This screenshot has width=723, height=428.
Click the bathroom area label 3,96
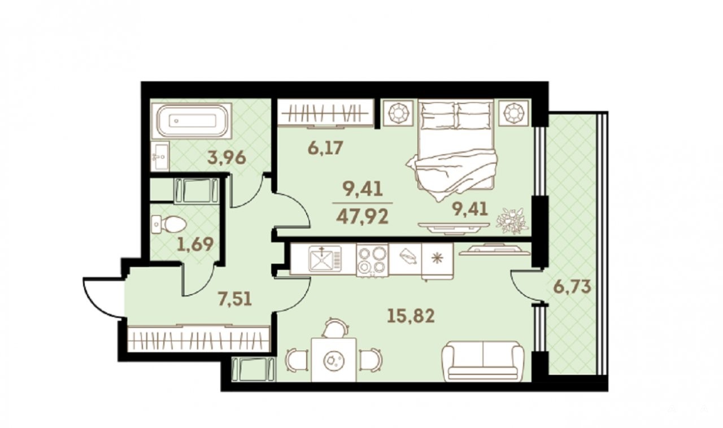click(x=227, y=158)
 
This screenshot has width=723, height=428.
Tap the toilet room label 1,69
click(x=195, y=244)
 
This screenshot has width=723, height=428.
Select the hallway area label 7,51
click(x=234, y=299)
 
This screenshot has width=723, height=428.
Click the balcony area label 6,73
click(x=572, y=287)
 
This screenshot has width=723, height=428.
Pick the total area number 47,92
click(x=362, y=217)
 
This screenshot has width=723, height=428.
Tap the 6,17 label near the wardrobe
click(x=325, y=148)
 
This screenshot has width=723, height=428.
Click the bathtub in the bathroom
click(x=193, y=121)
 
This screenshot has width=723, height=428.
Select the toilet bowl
click(x=169, y=224)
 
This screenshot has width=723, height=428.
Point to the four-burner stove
click(x=372, y=260)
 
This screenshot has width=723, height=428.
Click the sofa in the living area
click(x=483, y=362)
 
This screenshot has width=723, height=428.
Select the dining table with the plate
click(x=334, y=360)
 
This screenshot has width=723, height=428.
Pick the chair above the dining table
click(x=336, y=328)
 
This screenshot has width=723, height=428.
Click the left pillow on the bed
click(x=437, y=112)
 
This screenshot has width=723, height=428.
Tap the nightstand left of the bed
click(x=398, y=113)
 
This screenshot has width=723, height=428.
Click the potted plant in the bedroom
click(x=512, y=221)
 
